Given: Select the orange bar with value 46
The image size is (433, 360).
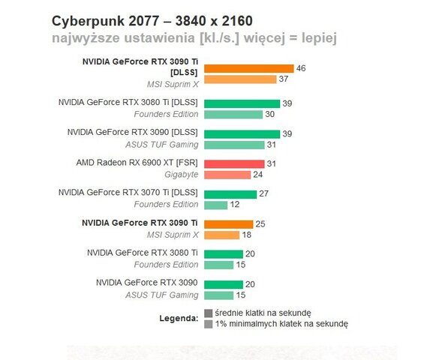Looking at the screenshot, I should point(248,68).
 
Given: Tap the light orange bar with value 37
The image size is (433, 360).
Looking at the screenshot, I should point(240,79).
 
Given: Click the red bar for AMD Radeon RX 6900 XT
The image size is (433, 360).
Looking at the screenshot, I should point(234,163).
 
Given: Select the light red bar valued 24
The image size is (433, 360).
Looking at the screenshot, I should point(227,174).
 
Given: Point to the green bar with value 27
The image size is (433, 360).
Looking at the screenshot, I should point(230,193).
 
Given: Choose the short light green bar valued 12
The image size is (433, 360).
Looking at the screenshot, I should point(215,205).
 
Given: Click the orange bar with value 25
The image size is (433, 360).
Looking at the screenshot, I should point(228,223).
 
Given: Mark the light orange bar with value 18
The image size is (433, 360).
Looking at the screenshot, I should point(221,235).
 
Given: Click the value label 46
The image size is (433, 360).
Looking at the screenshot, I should point(301,68).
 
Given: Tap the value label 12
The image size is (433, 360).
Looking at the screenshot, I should point(235,205).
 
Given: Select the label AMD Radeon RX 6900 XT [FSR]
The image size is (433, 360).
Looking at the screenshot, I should point(137,163).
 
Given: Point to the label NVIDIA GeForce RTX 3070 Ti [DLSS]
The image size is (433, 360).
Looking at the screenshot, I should point(128,193).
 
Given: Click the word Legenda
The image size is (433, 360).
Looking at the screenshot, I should point(179,318).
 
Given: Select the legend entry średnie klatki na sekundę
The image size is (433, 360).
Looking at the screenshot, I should point(262,313).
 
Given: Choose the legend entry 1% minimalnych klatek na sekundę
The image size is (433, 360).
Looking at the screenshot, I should point(281,324).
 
